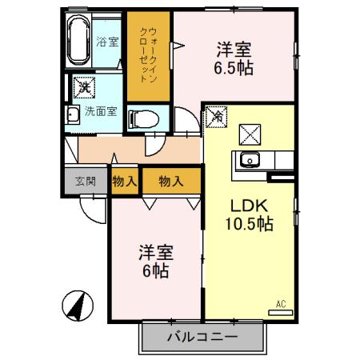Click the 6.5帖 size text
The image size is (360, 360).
point(234,69)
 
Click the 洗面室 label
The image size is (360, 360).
point(101,111)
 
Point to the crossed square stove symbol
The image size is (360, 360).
point(250,132)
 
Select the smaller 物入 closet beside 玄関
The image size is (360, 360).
point(125,182)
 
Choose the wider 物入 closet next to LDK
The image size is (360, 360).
point(170,182)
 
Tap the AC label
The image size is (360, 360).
point(281,304)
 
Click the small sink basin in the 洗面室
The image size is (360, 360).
point(73,112)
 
